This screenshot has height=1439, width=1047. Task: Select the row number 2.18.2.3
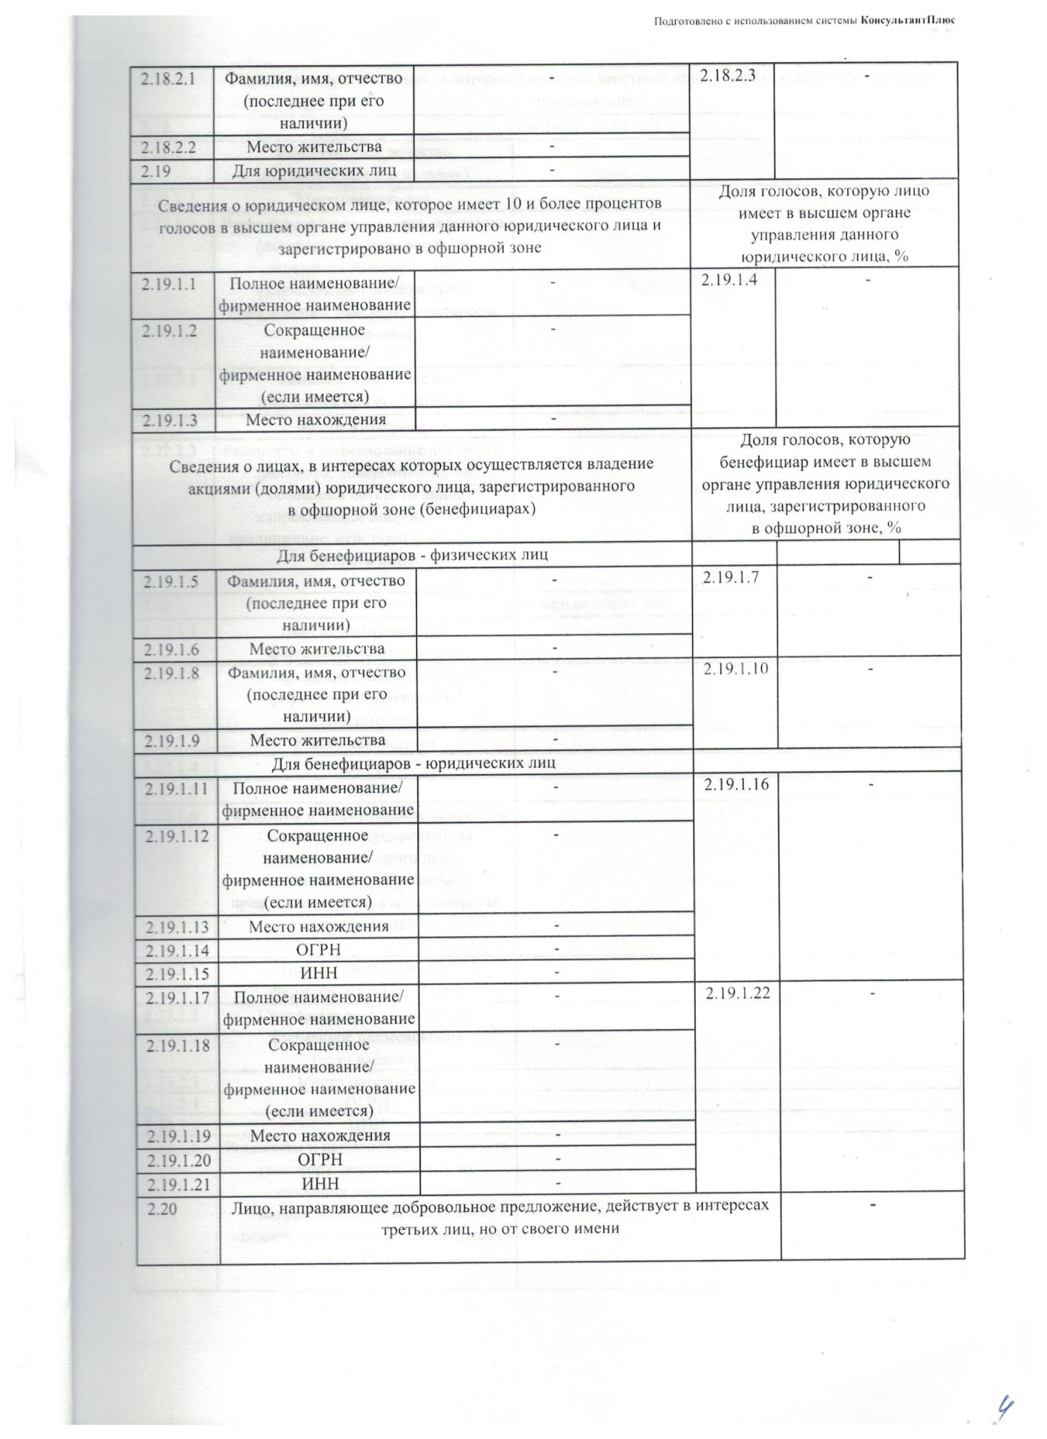727,76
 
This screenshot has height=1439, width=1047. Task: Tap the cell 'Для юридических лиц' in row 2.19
314,171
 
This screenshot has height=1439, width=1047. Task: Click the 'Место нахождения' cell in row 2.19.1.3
316,419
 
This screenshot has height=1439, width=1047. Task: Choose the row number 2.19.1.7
731,576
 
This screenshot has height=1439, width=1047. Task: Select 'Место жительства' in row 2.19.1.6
317,648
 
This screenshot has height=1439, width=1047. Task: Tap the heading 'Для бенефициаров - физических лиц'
412,555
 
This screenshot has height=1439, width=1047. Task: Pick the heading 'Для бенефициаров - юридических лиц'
413,762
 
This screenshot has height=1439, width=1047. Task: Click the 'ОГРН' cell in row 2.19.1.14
319,950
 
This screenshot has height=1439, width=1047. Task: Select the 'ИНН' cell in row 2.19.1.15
319,973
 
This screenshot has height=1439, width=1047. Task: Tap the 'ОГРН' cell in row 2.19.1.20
320,1159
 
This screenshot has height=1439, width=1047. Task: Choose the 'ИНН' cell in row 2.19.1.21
320,1183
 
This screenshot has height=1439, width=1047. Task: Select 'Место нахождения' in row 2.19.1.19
320,1135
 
